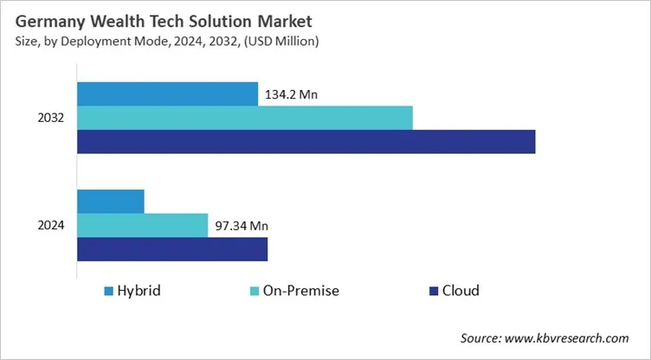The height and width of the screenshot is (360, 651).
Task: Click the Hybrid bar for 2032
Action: pyautogui.click(x=167, y=93)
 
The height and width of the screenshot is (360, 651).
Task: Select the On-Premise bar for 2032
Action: pyautogui.click(x=245, y=118)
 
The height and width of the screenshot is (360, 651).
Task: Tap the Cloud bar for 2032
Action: pyautogui.click(x=306, y=141)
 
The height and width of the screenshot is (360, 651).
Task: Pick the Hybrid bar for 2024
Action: pyautogui.click(x=111, y=201)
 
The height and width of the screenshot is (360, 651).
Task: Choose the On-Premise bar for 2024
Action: pyautogui.click(x=143, y=225)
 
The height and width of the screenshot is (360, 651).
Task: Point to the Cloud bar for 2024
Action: pyautogui.click(x=172, y=249)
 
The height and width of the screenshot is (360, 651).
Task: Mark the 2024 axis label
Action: pyautogui.click(x=51, y=226)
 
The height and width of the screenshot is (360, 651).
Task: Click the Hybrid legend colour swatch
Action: pyautogui.click(x=108, y=290)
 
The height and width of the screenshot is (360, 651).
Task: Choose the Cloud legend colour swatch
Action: pyautogui.click(x=430, y=290)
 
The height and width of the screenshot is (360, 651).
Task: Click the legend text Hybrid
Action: pyautogui.click(x=141, y=290)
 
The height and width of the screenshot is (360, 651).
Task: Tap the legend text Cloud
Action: pyautogui.click(x=461, y=290)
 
